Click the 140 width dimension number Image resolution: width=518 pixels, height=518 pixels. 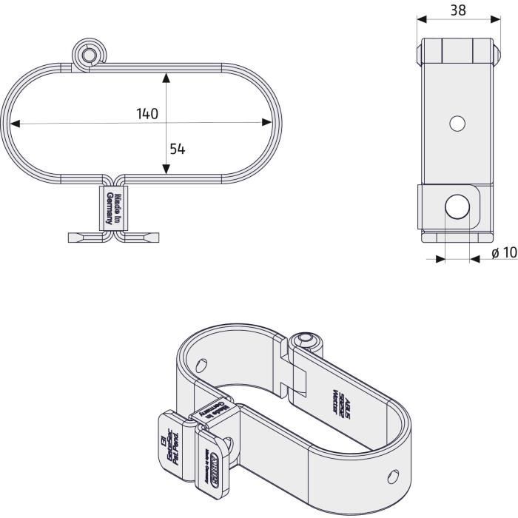click(147, 114)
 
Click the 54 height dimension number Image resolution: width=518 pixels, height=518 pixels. click(177, 148)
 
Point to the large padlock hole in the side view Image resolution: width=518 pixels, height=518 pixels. click(457, 207)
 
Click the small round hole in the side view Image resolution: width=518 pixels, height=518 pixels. click(457, 124)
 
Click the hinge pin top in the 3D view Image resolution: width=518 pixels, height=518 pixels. click(303, 340)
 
